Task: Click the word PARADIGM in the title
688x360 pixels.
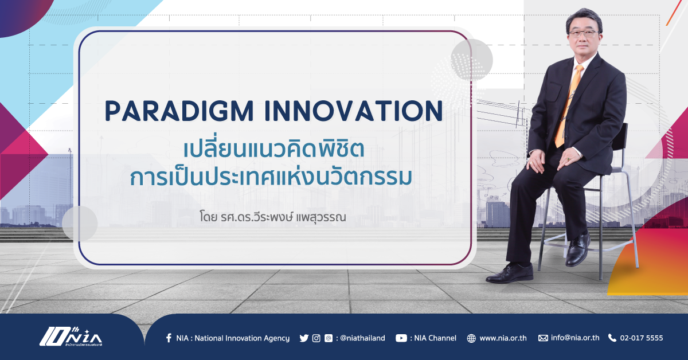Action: (x=179, y=111)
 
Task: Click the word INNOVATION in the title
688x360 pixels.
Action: (x=354, y=111)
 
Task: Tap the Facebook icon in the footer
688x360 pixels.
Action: (x=169, y=338)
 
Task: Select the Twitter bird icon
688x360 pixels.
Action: (x=304, y=338)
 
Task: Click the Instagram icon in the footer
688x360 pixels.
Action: (x=316, y=338)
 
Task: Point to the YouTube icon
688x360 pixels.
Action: (x=401, y=338)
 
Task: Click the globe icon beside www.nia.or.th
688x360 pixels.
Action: (x=471, y=338)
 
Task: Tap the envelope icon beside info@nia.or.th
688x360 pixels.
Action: (x=543, y=338)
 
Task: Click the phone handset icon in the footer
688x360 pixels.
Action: (x=612, y=338)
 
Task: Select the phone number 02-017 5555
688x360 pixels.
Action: (x=642, y=338)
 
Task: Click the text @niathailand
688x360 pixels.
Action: (x=362, y=338)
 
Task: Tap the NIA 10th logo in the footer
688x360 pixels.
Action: (x=71, y=337)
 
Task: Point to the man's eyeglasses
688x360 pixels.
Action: (x=584, y=34)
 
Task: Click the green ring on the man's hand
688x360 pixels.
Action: (x=568, y=159)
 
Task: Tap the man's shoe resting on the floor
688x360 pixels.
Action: (x=510, y=273)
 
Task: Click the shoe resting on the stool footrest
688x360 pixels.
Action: (x=578, y=248)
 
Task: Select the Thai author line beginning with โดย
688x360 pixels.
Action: (x=273, y=217)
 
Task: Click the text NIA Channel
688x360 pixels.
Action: (x=435, y=338)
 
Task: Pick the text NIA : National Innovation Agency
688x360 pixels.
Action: (x=233, y=338)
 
